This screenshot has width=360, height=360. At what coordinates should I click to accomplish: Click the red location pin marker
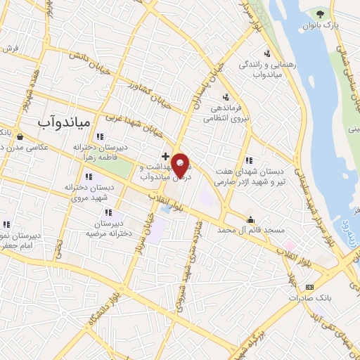pos(181,165)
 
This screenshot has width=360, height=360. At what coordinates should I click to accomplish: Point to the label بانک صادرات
pos(310,297)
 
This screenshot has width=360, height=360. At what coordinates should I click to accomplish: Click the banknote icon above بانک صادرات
pos(310,287)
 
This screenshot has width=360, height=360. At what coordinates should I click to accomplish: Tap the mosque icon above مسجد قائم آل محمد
pos(251,219)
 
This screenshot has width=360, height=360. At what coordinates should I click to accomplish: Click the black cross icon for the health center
pos(165,155)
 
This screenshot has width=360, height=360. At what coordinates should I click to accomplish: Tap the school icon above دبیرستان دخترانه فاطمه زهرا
pos(100,137)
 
